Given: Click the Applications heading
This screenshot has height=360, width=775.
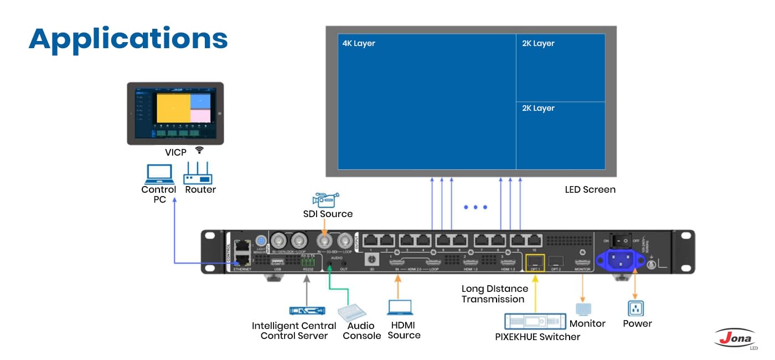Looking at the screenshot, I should tap(128, 39).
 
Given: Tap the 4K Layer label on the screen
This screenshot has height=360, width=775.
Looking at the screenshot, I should tap(359, 43).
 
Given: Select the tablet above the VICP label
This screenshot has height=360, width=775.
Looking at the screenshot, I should tap(175, 114).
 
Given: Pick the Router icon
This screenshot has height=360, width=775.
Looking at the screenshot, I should tap(198, 173).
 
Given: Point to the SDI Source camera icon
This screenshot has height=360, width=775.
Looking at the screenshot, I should tap(325, 199).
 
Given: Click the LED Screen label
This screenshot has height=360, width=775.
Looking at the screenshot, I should tap(590, 189).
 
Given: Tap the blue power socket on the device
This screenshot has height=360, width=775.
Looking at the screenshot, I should tap(619, 259).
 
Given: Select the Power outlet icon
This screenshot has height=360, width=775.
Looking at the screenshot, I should tap(635, 308).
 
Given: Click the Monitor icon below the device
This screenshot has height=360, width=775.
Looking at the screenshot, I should tap(583, 309).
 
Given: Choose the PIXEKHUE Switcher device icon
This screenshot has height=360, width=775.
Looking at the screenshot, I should tap(535, 321).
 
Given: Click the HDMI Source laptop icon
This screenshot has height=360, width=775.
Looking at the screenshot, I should tap(400, 307).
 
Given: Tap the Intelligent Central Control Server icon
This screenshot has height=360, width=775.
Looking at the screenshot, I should tap(306, 311).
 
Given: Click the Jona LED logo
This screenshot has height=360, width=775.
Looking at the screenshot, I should tap(737, 338).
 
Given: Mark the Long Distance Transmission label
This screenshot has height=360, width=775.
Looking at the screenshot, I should tap(494, 294).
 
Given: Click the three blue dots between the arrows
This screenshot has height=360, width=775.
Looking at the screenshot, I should tap(476, 207).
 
